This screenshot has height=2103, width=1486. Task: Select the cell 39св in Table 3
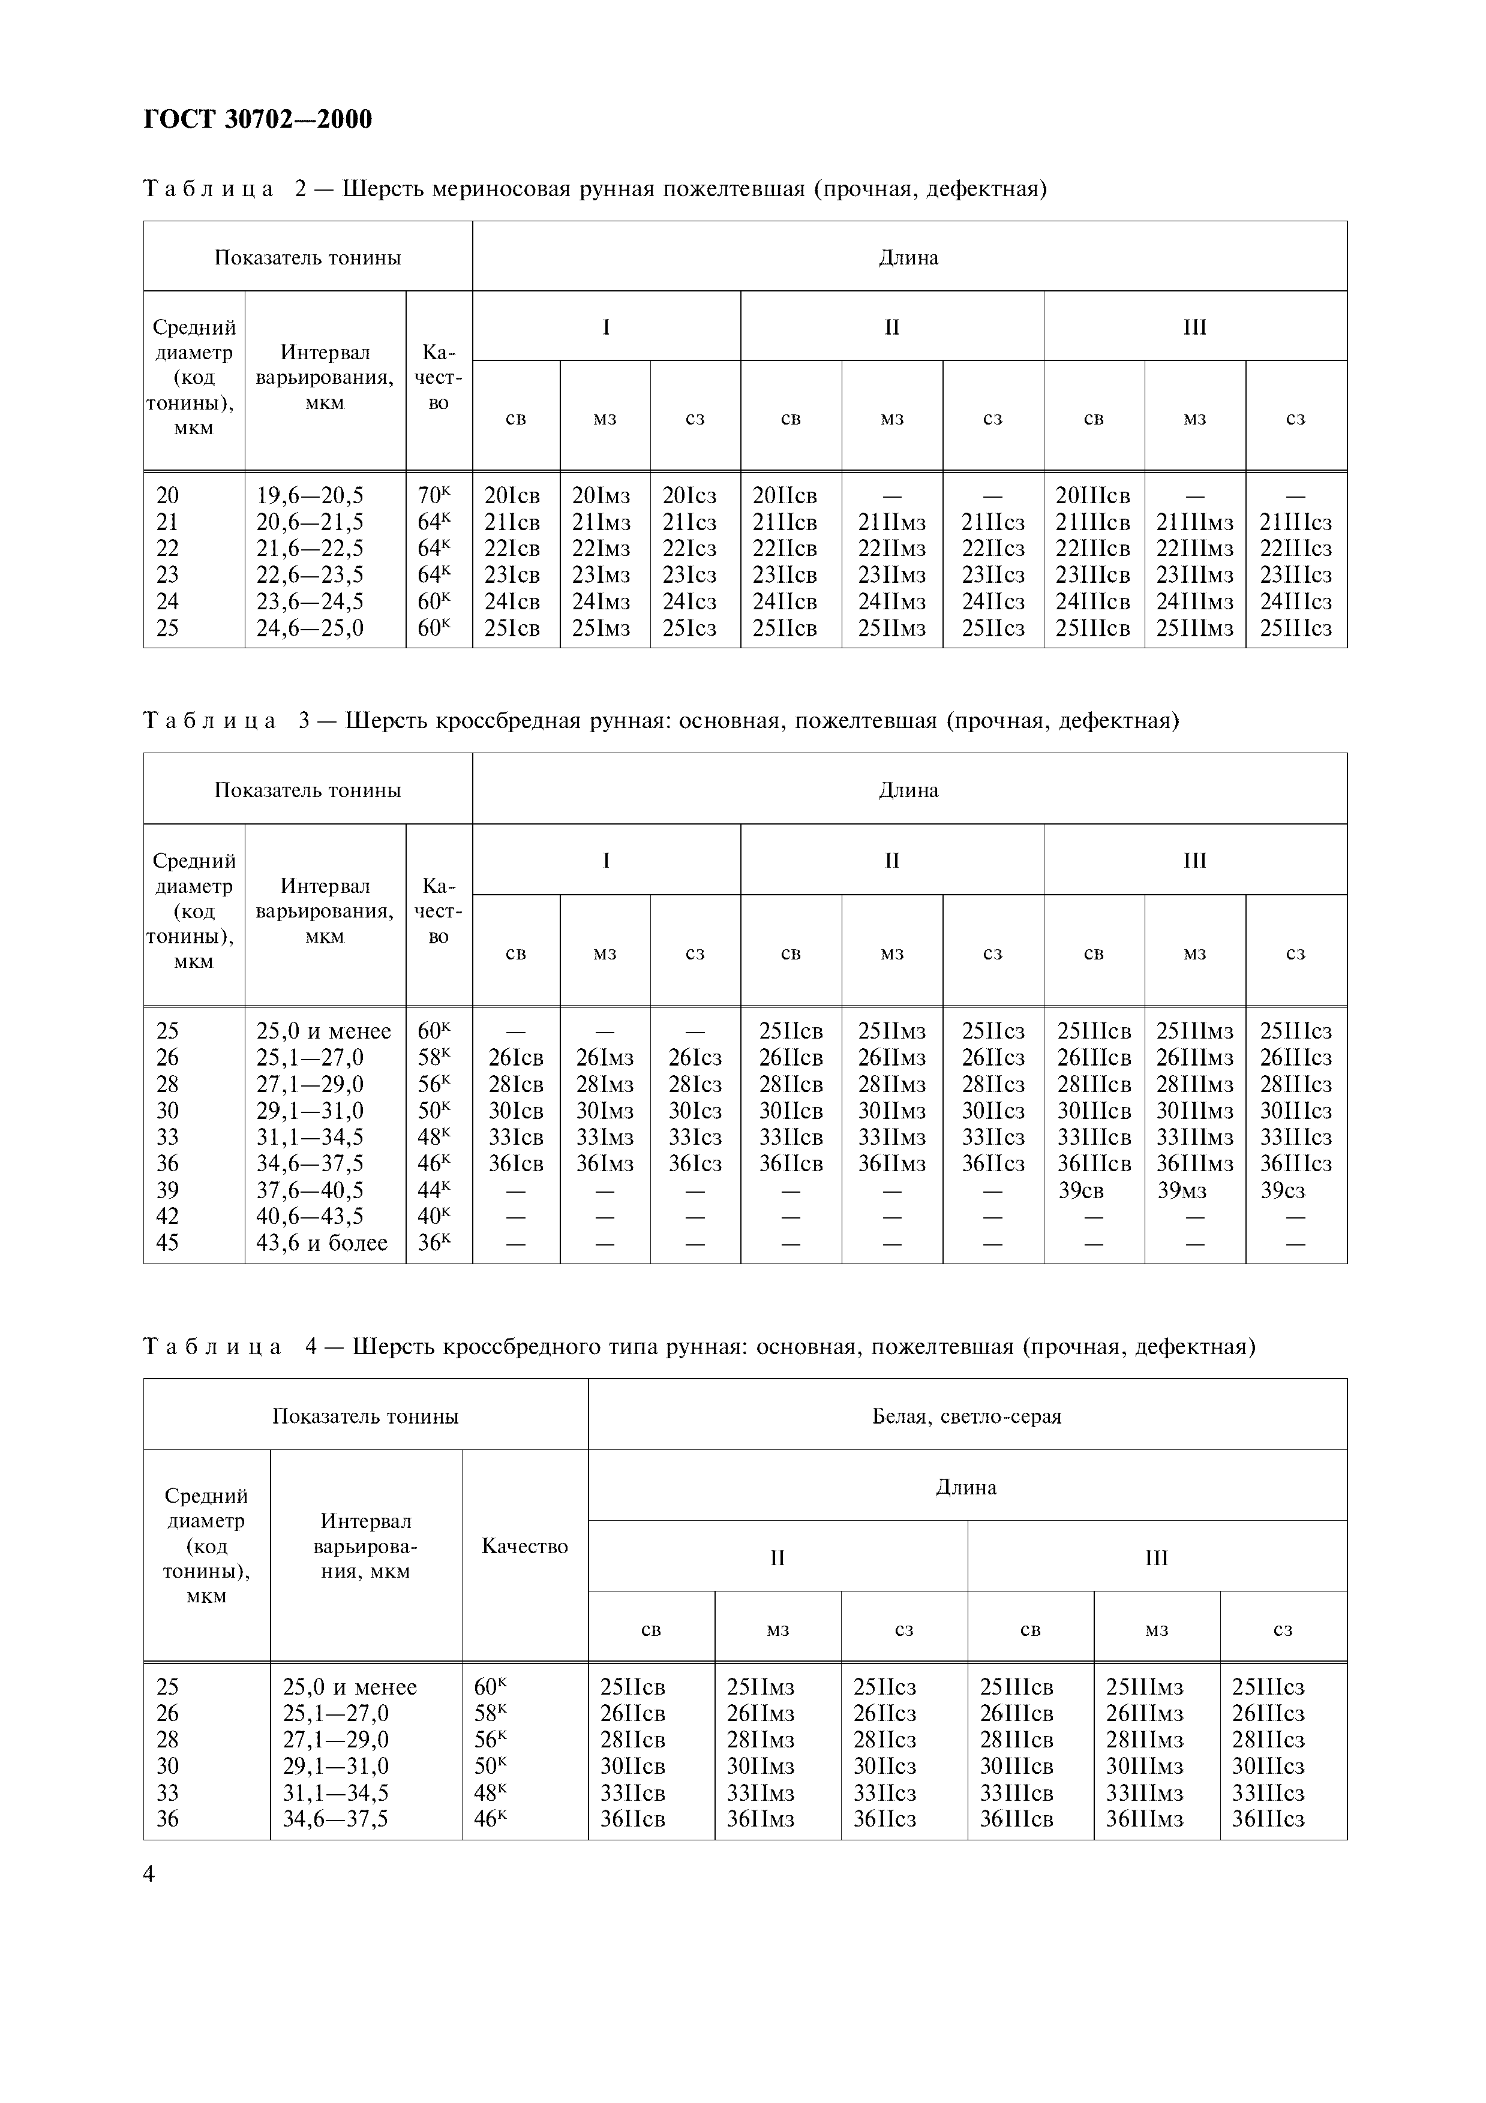click(x=1080, y=1191)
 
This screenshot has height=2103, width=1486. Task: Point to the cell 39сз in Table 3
click(x=1283, y=1191)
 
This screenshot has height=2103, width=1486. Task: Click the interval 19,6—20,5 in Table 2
click(x=310, y=495)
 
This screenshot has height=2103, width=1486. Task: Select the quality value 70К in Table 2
click(x=434, y=495)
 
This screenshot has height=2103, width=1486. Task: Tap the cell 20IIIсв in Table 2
click(x=1093, y=495)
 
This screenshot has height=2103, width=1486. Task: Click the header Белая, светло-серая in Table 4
click(x=966, y=1417)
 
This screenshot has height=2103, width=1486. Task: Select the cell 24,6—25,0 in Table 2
click(x=310, y=628)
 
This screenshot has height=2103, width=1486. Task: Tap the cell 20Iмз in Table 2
click(x=602, y=495)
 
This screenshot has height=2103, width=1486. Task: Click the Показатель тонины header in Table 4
click(x=365, y=1417)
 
